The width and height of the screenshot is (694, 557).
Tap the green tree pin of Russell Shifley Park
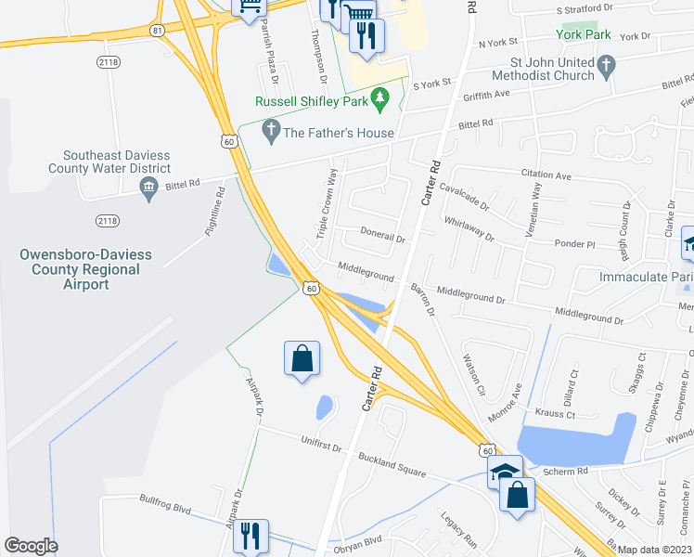[x=379, y=97]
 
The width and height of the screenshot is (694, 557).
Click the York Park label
[x=584, y=34]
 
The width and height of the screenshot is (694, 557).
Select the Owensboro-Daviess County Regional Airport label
[x=79, y=269]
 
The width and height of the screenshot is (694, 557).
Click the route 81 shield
[x=157, y=31]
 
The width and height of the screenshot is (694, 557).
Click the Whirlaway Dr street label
[x=469, y=228]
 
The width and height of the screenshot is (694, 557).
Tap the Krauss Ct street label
[x=557, y=412]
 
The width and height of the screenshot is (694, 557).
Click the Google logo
[x=31, y=546]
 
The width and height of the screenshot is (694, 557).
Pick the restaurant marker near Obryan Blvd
[x=251, y=537]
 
